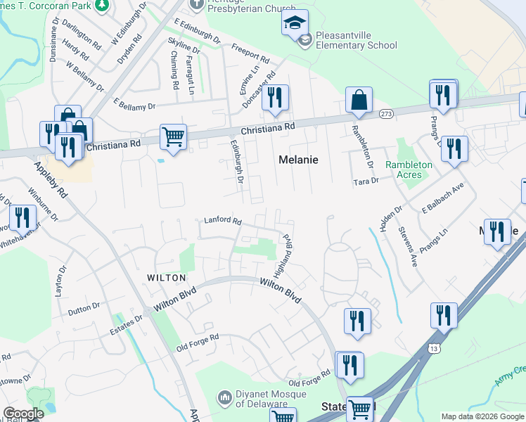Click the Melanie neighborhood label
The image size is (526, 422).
pos(299,160)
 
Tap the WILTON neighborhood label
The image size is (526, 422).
pos(167,279)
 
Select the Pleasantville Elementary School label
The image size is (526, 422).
pos(356,40)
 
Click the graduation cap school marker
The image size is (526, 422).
pos(295,23)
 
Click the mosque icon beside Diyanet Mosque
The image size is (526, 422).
pos(225,398)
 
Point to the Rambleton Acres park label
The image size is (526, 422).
pos(409,170)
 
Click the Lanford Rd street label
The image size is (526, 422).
pos(223,220)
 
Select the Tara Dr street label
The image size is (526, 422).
pos(366,181)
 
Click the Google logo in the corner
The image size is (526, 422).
pos(23,414)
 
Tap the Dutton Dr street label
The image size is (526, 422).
pos(84,309)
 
